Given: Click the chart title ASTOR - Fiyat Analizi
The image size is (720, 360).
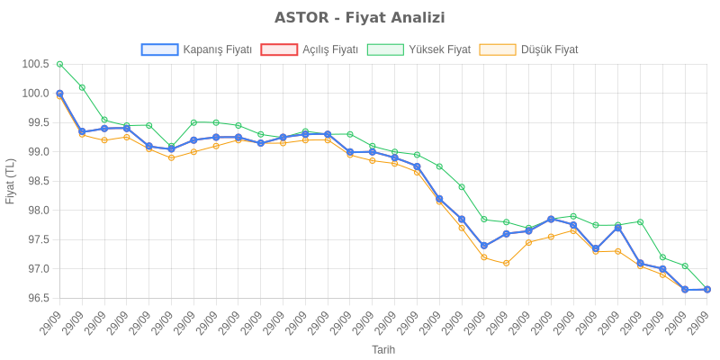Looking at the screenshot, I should (x=359, y=18).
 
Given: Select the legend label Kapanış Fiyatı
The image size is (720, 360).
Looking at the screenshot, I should (x=217, y=49).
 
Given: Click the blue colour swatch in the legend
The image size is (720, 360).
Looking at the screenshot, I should (x=159, y=49).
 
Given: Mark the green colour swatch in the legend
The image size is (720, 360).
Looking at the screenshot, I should (x=385, y=49).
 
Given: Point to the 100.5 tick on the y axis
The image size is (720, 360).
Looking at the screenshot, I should (x=36, y=64).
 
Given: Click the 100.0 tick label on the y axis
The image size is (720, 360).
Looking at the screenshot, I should (x=36, y=94).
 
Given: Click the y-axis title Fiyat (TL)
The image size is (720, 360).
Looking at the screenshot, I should (x=11, y=181).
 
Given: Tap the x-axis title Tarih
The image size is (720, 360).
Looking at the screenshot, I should (x=383, y=349).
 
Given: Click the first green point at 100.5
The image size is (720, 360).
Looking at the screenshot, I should (x=59, y=64).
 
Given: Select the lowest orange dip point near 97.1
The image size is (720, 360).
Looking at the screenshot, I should (x=506, y=263).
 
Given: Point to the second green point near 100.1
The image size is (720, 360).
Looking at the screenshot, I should (x=82, y=87).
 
